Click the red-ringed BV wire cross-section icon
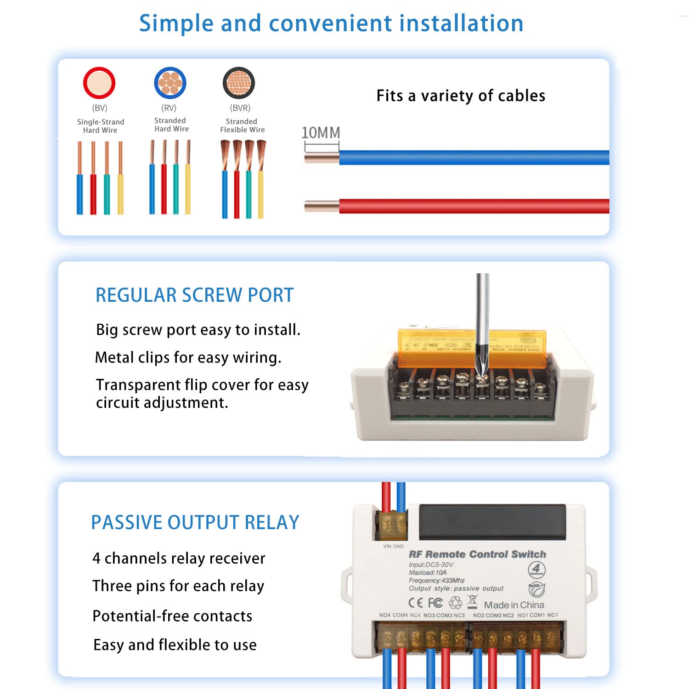tap(99, 83)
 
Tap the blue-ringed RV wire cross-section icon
tap(170, 83)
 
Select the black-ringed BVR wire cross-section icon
tap(239, 83)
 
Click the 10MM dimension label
tap(321, 133)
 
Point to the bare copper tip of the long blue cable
tap(322, 158)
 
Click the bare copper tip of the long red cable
tap(322, 206)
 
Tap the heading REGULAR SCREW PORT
tap(194, 295)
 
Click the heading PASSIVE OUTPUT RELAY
tap(195, 522)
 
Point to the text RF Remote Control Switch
tap(477, 554)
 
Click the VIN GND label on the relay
tap(394, 546)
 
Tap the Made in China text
tap(514, 605)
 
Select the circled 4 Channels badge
tap(537, 570)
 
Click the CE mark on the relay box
tap(416, 603)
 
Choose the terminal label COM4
tap(400, 615)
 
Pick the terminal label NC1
tap(553, 615)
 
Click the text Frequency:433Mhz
tap(436, 581)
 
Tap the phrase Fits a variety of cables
tap(461, 96)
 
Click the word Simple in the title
tap(176, 23)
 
